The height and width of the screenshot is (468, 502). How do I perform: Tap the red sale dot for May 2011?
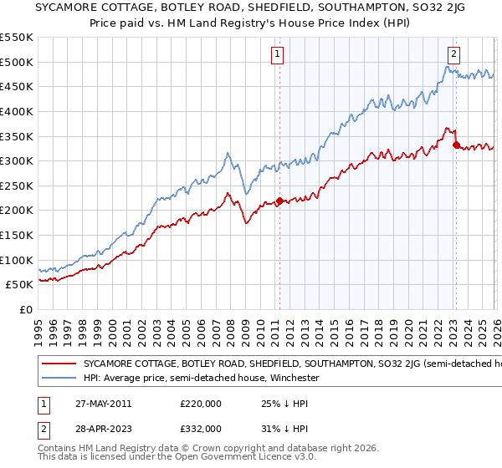pyautogui.click(x=279, y=201)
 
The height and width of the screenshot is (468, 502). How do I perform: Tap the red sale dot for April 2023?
pyautogui.click(x=456, y=145)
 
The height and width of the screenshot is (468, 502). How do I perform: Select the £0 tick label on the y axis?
pyautogui.click(x=26, y=309)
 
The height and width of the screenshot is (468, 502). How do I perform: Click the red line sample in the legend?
pyautogui.click(x=60, y=364)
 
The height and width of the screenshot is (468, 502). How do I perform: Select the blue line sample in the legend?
pyautogui.click(x=60, y=379)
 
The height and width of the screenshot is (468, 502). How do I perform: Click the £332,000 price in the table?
pyautogui.click(x=200, y=427)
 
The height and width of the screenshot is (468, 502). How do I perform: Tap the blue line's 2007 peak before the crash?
pyautogui.click(x=227, y=154)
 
